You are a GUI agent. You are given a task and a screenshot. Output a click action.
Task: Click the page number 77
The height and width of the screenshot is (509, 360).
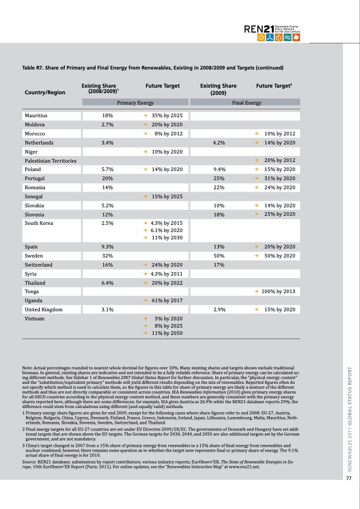coord(349,479)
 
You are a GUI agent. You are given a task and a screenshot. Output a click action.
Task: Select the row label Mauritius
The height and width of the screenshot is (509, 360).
coord(36,115)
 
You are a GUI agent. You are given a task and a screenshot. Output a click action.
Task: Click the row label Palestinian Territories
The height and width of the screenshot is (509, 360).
coord(50,161)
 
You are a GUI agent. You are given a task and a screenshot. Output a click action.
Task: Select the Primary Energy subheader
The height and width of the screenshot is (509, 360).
coord(135,103)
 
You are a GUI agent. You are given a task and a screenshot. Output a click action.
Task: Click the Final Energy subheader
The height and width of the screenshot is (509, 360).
coord(246,103)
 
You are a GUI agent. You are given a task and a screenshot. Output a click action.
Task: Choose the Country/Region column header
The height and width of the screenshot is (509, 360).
coord(45,92)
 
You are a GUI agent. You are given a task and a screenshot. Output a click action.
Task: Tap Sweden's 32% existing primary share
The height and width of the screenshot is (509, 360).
coord(108,256)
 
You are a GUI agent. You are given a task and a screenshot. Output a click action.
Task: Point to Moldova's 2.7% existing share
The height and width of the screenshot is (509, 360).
coord(108,124)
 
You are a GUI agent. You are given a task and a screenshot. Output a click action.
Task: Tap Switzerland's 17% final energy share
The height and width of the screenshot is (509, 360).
coord(219,265)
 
